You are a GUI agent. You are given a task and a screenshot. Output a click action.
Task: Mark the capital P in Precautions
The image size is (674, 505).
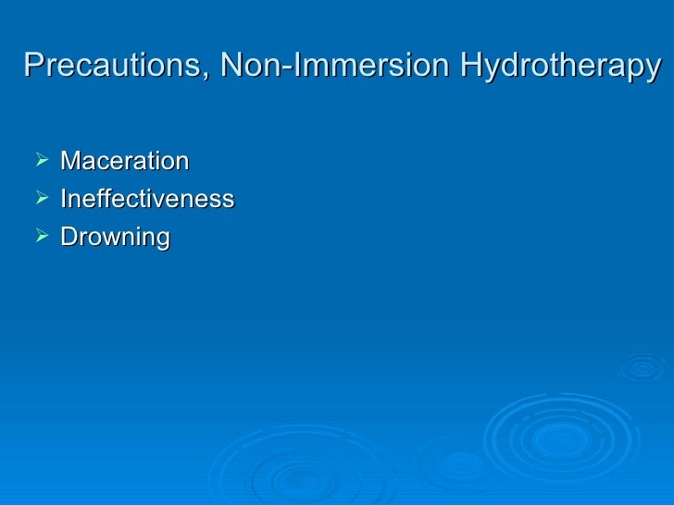(x=31, y=67)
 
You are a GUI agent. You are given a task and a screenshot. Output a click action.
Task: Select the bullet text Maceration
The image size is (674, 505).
(x=124, y=161)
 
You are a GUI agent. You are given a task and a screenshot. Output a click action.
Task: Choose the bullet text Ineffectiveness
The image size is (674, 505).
(x=146, y=199)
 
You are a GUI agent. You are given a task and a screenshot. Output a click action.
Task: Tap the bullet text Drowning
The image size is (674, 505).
(x=115, y=238)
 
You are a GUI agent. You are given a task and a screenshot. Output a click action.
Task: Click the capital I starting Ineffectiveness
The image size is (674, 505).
(x=63, y=199)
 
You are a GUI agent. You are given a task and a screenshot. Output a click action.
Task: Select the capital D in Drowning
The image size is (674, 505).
(x=69, y=237)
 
